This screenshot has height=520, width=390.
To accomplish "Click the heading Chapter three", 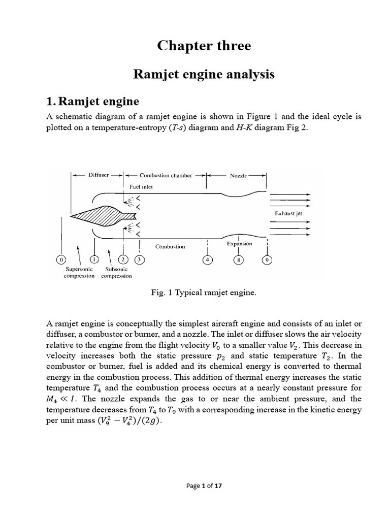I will click(204, 46).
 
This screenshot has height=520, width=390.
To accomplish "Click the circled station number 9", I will click(267, 261).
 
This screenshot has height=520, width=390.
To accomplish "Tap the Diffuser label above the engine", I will click(99, 175).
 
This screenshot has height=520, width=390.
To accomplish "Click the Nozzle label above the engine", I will click(238, 176).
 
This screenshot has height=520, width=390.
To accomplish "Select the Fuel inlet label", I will click(141, 186).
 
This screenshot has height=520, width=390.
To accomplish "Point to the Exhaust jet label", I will click(288, 214).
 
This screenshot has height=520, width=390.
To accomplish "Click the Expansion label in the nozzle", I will click(239, 244).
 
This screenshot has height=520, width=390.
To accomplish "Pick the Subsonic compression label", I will click(116, 272).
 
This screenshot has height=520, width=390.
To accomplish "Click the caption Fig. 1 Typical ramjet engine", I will click(203, 294).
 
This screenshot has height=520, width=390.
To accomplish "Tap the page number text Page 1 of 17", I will click(203, 485).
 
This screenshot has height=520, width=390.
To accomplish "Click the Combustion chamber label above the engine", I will click(166, 176).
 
